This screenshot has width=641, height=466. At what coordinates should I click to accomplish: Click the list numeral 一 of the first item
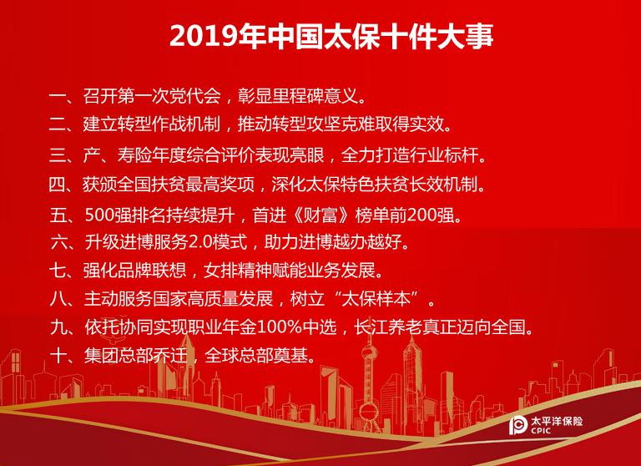point(58,97)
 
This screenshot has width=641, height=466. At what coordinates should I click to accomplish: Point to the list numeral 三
point(58,156)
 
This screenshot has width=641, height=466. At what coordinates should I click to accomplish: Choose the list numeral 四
point(58,185)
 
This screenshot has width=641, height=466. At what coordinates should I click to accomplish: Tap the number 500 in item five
point(99,215)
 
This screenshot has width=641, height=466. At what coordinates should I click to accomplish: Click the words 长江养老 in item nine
point(388,327)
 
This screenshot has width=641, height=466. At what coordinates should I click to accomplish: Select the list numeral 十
point(58,356)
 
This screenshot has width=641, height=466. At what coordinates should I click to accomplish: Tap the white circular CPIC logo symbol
point(518,425)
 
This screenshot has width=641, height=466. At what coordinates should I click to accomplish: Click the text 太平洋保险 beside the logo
point(557,421)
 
